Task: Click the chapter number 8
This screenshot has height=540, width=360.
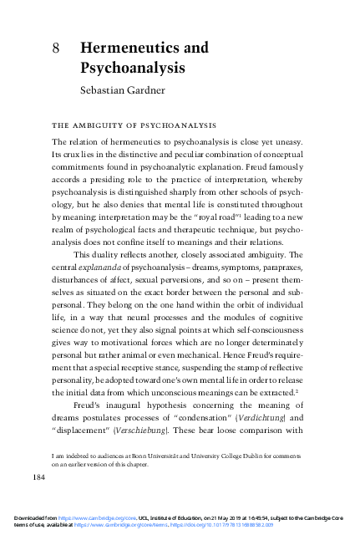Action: coord(55,48)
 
